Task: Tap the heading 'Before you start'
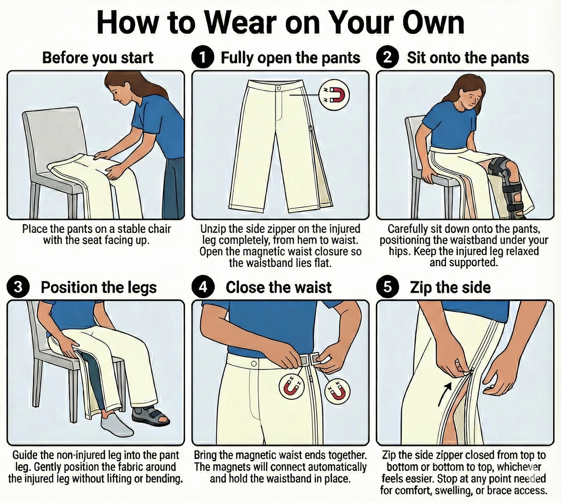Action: click(x=98, y=57)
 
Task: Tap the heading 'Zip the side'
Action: click(x=450, y=287)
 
